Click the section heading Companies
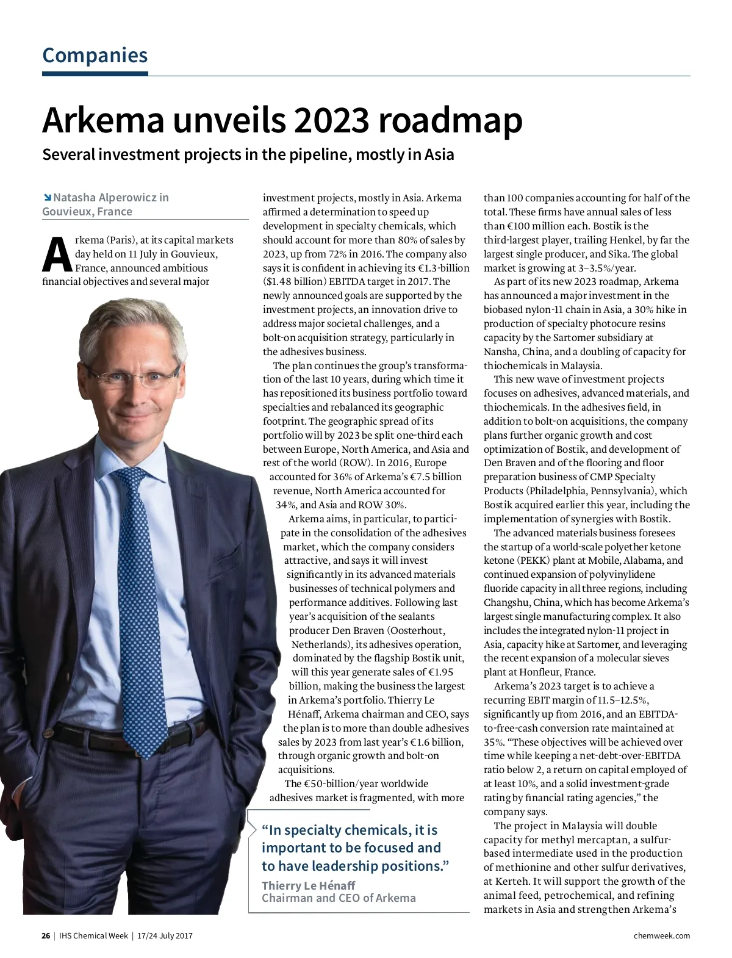point(95,56)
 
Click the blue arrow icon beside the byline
point(47,197)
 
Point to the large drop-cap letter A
point(57,255)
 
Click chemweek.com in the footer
point(662,935)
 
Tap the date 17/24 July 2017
point(165,935)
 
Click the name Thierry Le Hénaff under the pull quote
point(308,885)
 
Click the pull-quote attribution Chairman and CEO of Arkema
point(339,898)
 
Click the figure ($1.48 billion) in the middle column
point(295,282)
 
